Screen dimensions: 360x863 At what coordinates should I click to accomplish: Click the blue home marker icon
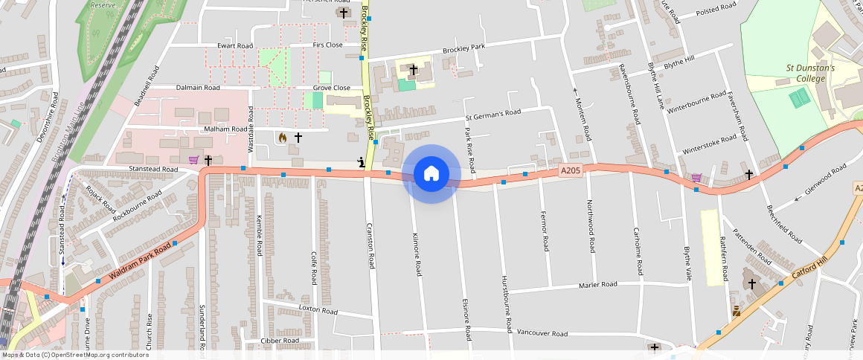tap(431, 173)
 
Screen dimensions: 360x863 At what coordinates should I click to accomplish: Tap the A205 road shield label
tap(570, 171)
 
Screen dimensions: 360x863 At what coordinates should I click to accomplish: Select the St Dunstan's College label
tap(810, 73)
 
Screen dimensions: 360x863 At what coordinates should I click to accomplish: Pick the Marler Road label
tap(598, 285)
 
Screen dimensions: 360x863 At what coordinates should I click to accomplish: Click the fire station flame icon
tap(282, 138)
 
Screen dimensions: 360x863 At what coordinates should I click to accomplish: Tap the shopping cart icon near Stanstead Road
tap(193, 160)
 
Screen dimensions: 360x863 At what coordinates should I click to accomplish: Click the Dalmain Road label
tap(198, 88)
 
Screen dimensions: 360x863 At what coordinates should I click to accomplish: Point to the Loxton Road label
tap(318, 307)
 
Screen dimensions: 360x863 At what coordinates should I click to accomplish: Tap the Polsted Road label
tap(716, 9)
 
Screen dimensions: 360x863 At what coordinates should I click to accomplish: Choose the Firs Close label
tap(327, 45)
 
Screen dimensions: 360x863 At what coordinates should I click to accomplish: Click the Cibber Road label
tap(279, 341)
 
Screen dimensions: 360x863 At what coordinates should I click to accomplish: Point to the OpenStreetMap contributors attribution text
tap(75, 355)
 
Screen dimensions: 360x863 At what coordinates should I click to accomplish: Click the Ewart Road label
tap(235, 46)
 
